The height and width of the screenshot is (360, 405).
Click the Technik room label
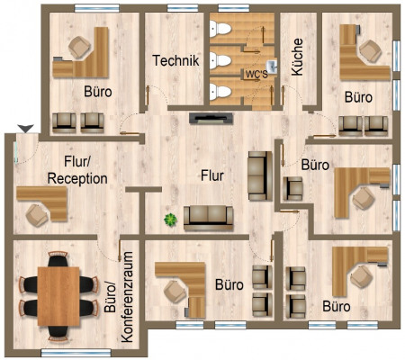(x=175, y=60)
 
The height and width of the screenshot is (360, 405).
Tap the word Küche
(x=297, y=57)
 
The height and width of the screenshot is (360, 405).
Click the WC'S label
(x=256, y=75)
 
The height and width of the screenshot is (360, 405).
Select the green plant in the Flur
(x=170, y=220)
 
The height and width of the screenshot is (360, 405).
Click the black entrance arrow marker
(x=25, y=129)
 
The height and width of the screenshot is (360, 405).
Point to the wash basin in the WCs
(x=272, y=67)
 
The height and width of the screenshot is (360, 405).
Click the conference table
(x=58, y=296)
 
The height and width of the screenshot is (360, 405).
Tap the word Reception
(x=77, y=179)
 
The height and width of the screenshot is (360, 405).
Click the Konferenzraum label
(x=127, y=297)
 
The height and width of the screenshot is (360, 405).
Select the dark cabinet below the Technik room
(x=211, y=118)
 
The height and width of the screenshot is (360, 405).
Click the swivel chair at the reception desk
(x=37, y=215)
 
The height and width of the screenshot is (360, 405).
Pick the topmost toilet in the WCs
(x=220, y=29)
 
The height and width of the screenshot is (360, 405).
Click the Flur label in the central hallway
(x=212, y=175)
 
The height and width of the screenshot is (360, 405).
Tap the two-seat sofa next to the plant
(x=209, y=218)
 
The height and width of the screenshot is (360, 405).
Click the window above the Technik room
(x=183, y=8)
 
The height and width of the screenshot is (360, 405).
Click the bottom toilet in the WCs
(x=220, y=92)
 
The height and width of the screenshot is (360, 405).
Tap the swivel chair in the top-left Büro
(x=79, y=47)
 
